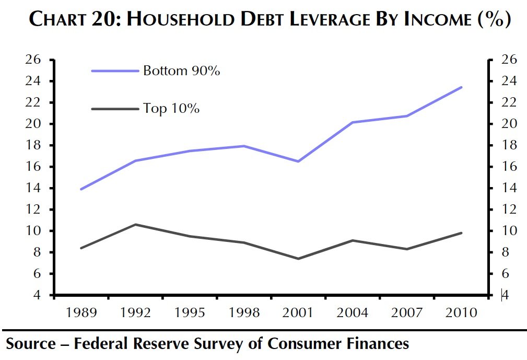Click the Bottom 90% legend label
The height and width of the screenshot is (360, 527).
click(181, 71)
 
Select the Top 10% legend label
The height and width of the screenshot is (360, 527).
click(171, 109)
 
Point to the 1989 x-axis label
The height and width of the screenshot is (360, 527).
click(81, 313)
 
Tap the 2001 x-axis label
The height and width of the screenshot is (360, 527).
click(298, 313)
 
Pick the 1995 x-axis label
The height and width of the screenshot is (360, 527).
click(190, 313)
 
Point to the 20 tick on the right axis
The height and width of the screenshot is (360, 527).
click(509, 124)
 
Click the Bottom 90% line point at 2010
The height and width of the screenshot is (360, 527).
click(461, 87)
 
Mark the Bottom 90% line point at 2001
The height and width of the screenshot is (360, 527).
click(298, 161)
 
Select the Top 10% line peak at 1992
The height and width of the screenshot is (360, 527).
click(136, 225)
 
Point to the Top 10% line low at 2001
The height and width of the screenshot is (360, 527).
click(298, 259)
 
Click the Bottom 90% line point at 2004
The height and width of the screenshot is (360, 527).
click(353, 122)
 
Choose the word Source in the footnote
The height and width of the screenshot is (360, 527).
click(30, 343)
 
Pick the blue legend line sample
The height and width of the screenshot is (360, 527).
click(115, 71)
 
